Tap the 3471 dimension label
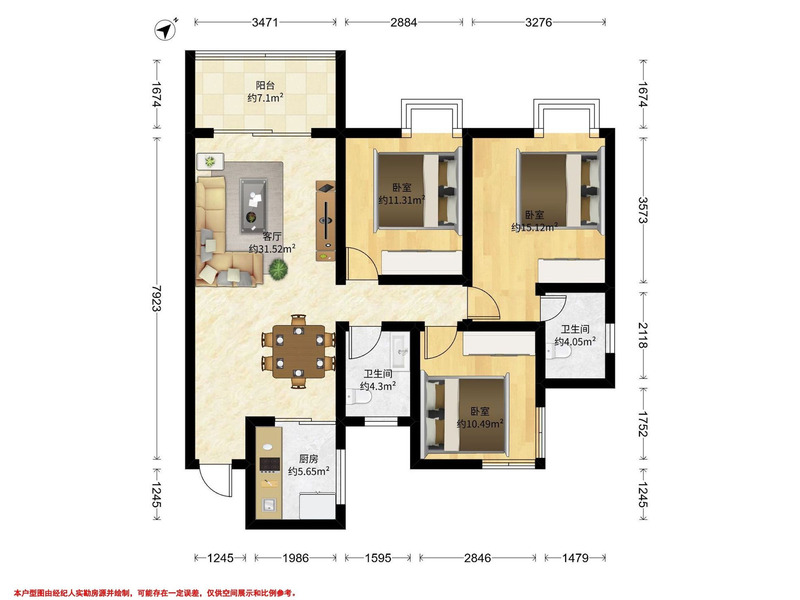pos(265,22)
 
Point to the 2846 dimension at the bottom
pos(477,558)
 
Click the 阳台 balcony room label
pos(265,85)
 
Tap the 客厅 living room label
pos(272,237)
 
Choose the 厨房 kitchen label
pos(308,459)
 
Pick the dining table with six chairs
pos(298,352)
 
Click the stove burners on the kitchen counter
pos(270,465)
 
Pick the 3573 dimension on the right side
pos(643,210)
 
